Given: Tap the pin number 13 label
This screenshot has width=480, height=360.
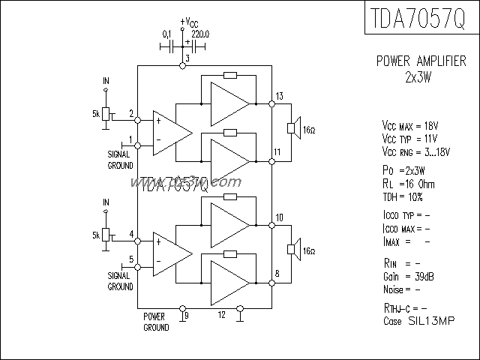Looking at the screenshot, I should pos(279,95).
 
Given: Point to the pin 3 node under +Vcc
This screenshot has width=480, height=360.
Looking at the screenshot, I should pos(182,67).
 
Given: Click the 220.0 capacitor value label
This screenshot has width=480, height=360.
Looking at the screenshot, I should pos(201,34).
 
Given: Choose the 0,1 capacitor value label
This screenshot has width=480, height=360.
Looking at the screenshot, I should pos(166,34).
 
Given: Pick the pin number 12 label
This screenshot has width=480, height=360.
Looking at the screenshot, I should pos(221,314).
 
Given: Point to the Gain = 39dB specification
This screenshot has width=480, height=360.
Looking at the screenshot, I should pos(407,277).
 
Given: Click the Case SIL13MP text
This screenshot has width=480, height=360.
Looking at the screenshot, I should pos(418,320).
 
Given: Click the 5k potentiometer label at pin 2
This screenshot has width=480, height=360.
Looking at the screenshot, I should pos(95,113).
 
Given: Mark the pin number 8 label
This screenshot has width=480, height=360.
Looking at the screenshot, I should pos(277,274).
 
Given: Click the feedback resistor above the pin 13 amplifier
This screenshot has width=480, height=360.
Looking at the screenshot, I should pos(230,75).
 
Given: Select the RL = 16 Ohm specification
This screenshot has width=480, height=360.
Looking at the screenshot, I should pos(408,184).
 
